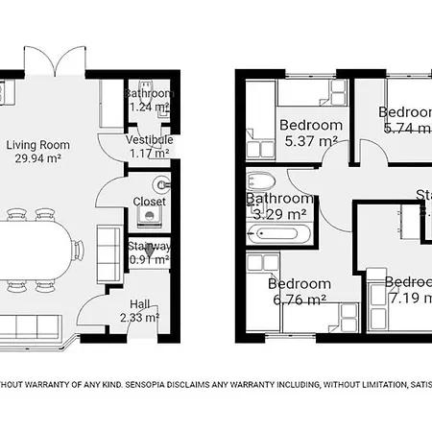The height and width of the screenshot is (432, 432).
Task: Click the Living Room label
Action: point(38,145)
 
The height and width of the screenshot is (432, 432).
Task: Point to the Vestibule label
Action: point(149,139)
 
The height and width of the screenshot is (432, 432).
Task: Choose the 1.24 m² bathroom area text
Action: point(149,108)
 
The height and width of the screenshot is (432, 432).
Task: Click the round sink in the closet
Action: point(160,182)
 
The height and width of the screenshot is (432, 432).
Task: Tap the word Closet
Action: point(149,202)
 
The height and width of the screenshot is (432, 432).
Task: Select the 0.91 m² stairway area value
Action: point(149,258)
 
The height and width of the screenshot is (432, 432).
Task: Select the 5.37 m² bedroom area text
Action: point(310,141)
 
